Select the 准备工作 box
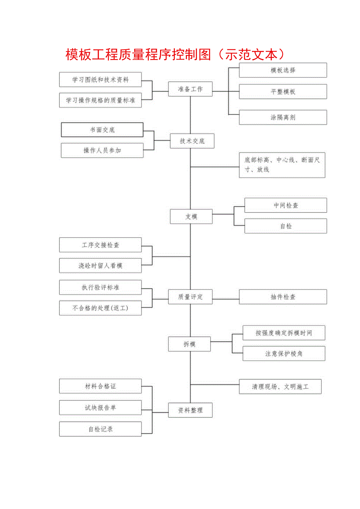coord(191,89)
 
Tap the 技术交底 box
coord(192,141)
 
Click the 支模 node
coord(191,216)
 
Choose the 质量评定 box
coord(191,297)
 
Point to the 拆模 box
coord(189,344)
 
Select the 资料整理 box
coord(191,410)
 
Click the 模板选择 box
coord(283,70)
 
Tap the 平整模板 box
coord(283,92)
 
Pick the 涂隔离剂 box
coord(283,117)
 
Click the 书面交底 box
coord(102,130)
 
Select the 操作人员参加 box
coord(102,150)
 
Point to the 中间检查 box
coord(286,205)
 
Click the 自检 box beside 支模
coord(286,226)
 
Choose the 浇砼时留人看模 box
coord(101,266)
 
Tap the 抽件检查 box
coord(283,297)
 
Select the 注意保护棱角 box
coord(284,354)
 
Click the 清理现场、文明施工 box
coord(280,387)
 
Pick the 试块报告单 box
coord(101,408)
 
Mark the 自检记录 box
coord(101,429)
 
